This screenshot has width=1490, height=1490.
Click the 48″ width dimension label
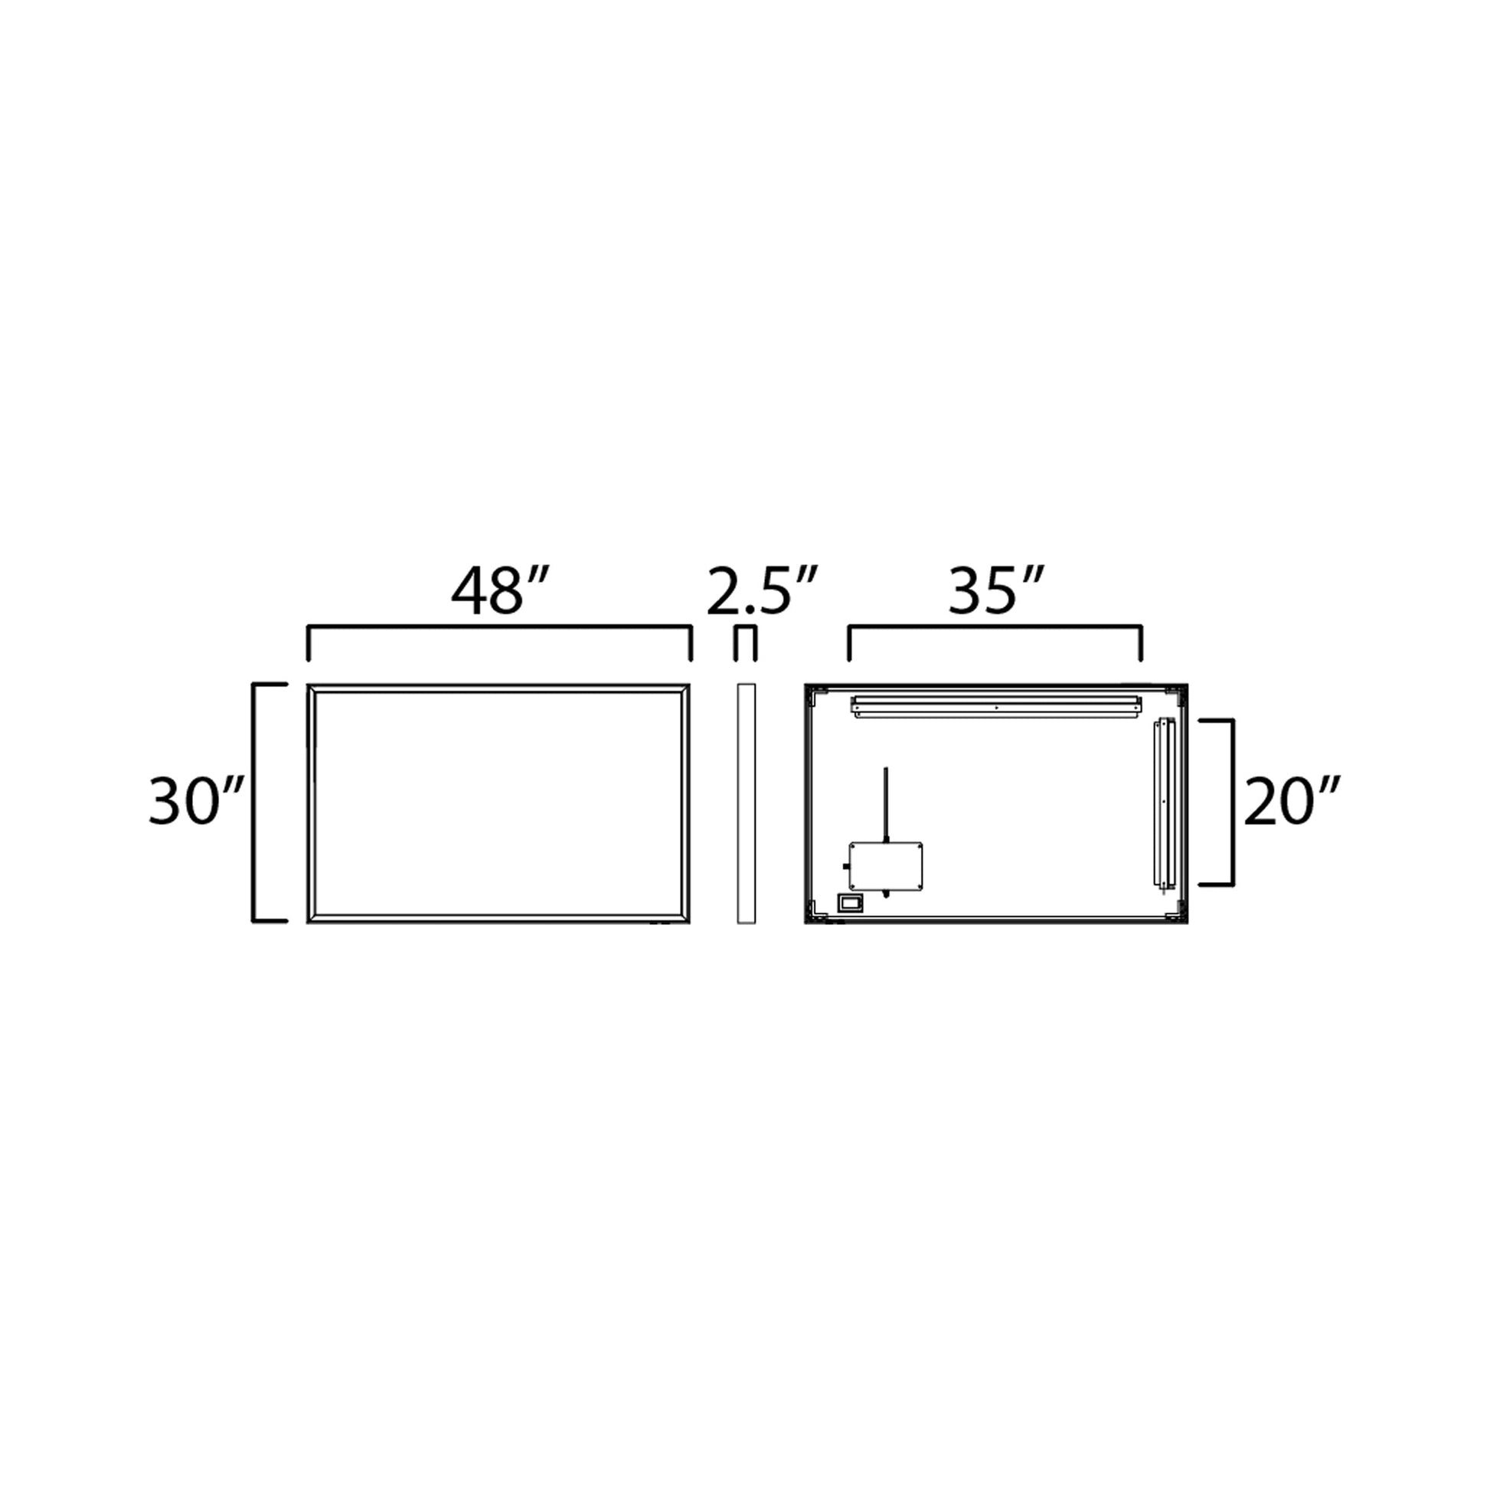tap(500, 593)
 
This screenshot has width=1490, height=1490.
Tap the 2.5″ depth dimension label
tap(760, 593)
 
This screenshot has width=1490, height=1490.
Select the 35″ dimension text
tap(995, 593)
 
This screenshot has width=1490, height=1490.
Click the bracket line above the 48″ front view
tap(499, 628)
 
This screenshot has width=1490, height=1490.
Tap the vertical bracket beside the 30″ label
tap(254, 802)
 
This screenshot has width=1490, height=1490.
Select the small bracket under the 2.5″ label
tap(745, 631)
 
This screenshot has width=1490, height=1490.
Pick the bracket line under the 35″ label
tap(995, 629)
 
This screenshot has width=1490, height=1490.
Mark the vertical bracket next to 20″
tap(1233, 802)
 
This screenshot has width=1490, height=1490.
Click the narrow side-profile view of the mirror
tap(746, 803)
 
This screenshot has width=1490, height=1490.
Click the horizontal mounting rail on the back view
tap(996, 707)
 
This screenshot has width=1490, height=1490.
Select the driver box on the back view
tap(885, 866)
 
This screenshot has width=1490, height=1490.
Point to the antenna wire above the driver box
tap(885, 802)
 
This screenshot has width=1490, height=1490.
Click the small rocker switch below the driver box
tap(851, 901)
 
